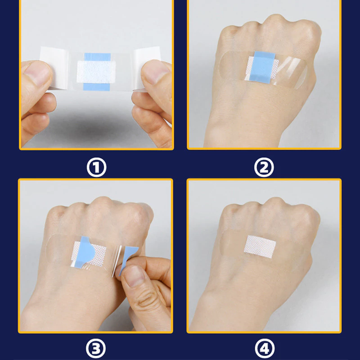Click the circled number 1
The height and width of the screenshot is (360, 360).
[96, 167]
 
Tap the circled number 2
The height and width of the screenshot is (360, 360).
[264, 167]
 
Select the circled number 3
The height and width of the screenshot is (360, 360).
[96, 348]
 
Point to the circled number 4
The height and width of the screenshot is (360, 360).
[265, 348]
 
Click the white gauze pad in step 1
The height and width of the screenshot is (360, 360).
[96, 72]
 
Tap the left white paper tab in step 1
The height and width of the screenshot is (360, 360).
[54, 68]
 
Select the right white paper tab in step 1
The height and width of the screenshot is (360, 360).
[147, 67]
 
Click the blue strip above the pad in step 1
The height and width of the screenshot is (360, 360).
[97, 57]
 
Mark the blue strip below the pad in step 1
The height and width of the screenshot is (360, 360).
[96, 87]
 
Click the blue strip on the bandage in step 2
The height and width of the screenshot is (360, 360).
[263, 67]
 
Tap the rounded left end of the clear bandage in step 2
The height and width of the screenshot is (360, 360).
[224, 65]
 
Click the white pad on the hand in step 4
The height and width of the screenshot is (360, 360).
[260, 247]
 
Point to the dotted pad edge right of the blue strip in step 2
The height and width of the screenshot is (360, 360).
[275, 68]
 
